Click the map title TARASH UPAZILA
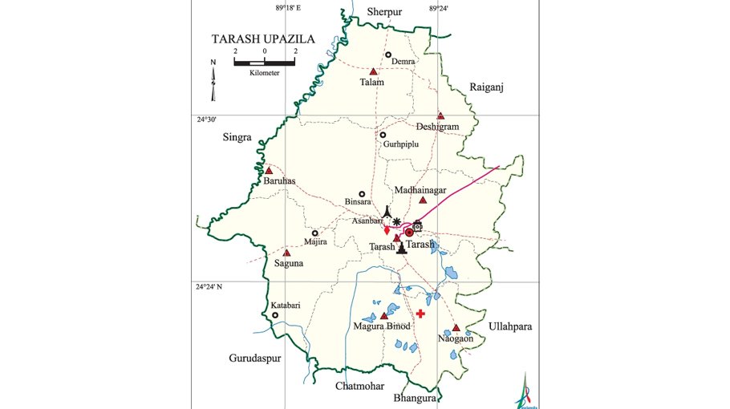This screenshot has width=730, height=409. (262, 38)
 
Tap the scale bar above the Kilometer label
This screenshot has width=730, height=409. (264, 62)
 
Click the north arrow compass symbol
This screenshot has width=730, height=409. (213, 81)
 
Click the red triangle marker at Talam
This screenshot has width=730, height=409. (373, 71)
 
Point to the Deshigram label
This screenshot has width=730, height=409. (437, 127)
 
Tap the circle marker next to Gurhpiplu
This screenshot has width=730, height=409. (383, 135)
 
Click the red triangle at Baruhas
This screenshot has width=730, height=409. (270, 171)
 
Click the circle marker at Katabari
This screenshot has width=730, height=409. (275, 315)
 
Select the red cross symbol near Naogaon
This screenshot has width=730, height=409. (420, 314)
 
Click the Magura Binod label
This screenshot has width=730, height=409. (382, 326)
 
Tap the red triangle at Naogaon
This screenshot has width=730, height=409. (456, 328)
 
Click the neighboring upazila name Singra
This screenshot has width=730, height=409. (237, 138)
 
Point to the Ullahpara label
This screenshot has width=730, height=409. (510, 327)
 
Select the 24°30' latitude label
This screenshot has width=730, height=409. (208, 119)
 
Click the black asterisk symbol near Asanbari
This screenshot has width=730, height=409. (396, 221)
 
